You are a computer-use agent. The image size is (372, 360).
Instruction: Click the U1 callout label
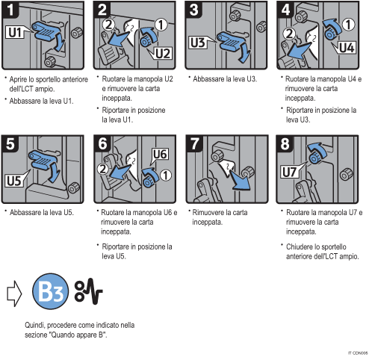[x=15, y=34]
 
